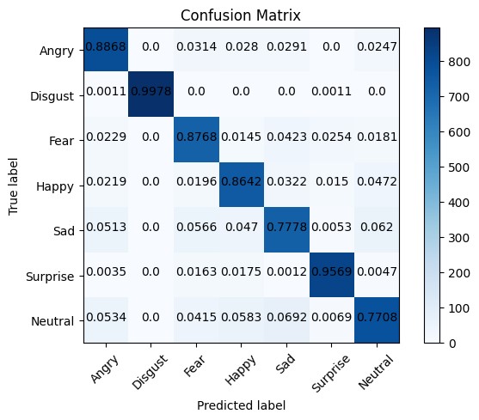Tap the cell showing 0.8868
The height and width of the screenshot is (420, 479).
click(106, 49)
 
